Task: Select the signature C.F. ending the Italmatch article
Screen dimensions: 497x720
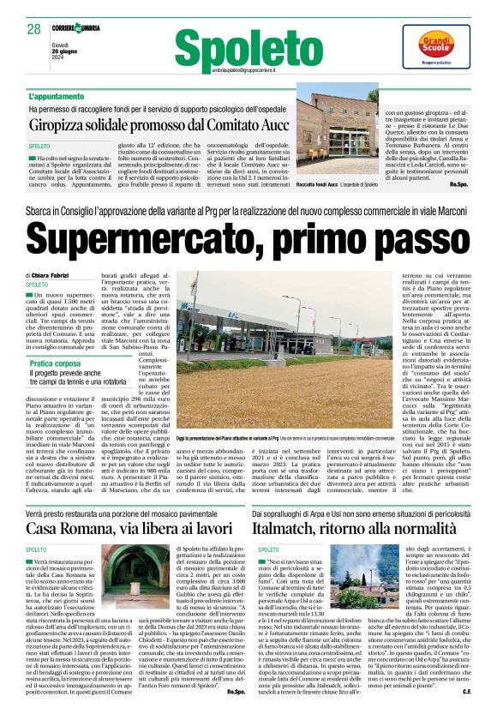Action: pos(466,691)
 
